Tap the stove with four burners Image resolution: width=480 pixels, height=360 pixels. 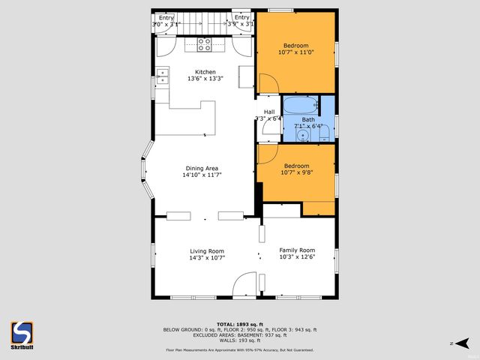tap(205, 43)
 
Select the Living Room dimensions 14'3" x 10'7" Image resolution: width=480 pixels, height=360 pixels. tap(207, 258)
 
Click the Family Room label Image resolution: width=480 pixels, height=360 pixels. tap(297, 250)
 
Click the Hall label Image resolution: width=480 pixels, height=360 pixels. tap(268, 112)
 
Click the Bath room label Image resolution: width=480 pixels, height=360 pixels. tap(308, 119)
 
